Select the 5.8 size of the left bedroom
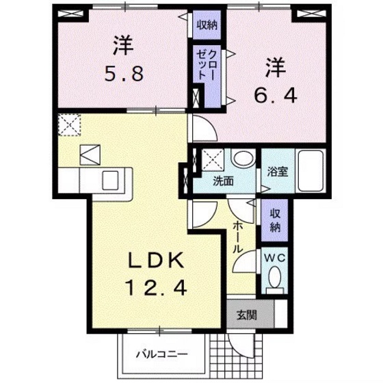point(123,73)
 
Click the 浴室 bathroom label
point(276,172)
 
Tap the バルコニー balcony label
point(161,354)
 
